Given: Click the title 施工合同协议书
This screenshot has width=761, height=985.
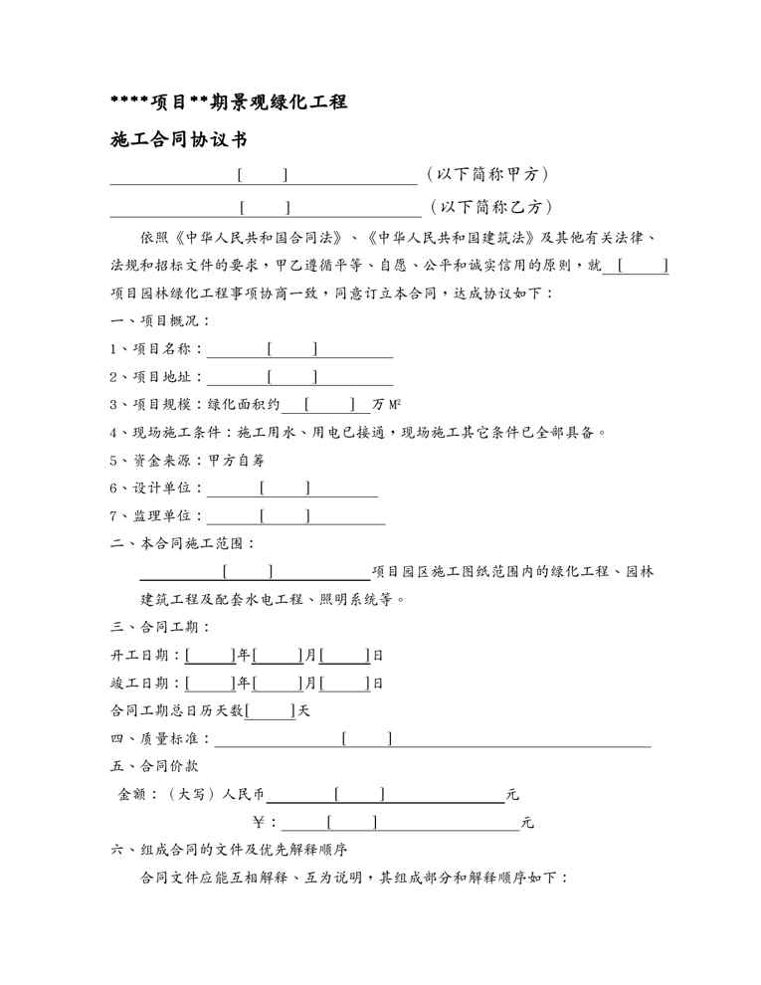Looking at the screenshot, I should click(x=178, y=140).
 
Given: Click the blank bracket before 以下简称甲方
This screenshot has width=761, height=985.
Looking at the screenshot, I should click(x=264, y=176).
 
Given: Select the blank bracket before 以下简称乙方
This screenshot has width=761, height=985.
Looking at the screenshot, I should click(x=266, y=207).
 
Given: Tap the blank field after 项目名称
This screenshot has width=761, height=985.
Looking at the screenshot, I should click(x=292, y=349).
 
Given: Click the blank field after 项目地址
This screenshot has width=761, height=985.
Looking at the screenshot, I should click(x=292, y=377).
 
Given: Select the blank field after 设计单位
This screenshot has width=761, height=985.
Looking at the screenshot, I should click(x=285, y=489).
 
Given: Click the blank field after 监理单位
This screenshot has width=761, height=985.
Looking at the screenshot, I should click(x=285, y=515).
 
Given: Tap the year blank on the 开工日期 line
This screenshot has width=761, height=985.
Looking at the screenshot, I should click(x=210, y=656).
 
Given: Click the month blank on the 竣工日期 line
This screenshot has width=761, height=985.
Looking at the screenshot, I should click(x=278, y=684).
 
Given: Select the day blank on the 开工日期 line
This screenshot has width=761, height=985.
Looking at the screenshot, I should click(x=345, y=656).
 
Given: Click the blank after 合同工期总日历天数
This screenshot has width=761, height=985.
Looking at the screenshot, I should click(x=271, y=711).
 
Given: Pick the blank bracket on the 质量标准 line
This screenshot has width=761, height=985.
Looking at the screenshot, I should click(x=366, y=738).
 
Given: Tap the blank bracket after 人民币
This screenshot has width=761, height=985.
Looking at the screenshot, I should click(x=360, y=794).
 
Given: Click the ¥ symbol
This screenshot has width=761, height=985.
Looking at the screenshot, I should click(x=260, y=823).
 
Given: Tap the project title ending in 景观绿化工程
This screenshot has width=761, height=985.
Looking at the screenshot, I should click(x=228, y=100).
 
